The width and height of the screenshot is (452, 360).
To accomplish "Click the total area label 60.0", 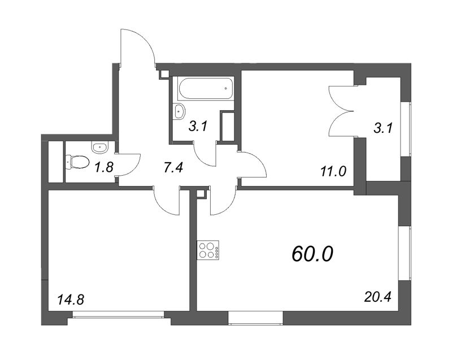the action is coord(312,254).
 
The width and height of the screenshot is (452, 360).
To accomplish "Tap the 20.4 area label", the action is coord(377,297).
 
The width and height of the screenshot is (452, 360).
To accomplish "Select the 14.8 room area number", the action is coord(71,300).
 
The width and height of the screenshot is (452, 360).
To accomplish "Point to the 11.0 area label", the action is coord(333,172).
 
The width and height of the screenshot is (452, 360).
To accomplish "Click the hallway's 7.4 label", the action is coord(173,167).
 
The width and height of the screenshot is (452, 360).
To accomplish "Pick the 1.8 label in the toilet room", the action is coord(105,167).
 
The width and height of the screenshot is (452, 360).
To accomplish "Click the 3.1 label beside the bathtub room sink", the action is coord(198,126).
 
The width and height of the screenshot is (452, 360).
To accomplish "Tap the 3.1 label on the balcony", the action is coord(383,128).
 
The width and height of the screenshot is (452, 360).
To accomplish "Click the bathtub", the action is coord(206,89).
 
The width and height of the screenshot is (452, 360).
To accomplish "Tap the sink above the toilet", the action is coord(100,147).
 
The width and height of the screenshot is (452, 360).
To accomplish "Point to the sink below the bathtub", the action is coord(180,111).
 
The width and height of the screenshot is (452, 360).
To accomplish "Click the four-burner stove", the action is coord(208,250).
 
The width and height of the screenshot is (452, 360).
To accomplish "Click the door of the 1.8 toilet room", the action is coord(129,164).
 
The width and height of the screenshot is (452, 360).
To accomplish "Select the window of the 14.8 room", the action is coord(118,314).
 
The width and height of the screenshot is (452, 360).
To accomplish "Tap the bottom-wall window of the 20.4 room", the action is coord(255,318).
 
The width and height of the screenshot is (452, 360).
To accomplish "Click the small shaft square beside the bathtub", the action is coord(164,74).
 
